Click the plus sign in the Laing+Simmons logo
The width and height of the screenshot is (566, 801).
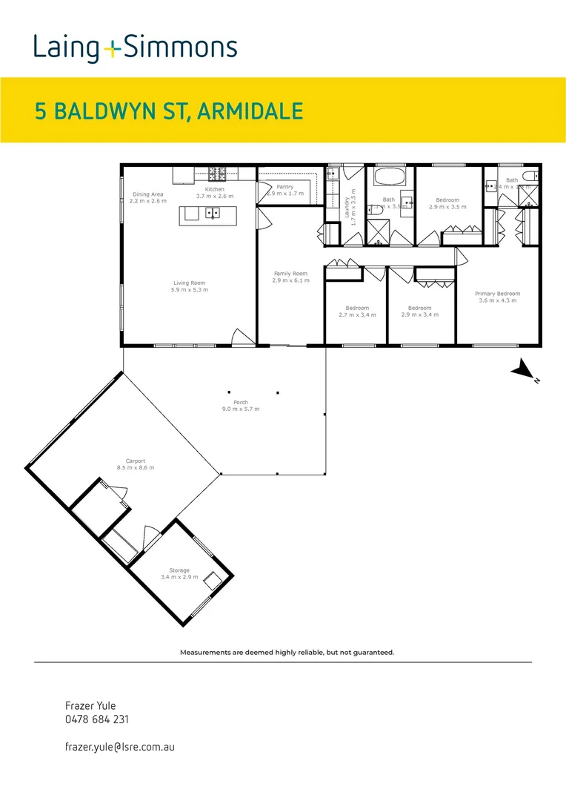click(112, 49)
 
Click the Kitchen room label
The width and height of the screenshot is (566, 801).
click(215, 189)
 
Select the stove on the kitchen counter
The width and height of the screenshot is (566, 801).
click(216, 174)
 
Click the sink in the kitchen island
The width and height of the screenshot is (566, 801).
click(212, 214)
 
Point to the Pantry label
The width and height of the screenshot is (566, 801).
click(285, 187)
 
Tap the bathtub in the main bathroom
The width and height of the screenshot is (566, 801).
click(389, 178)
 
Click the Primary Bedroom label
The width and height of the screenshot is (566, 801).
click(497, 294)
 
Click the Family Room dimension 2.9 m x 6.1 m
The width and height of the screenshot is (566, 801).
click(290, 281)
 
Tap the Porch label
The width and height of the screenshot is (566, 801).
click(241, 402)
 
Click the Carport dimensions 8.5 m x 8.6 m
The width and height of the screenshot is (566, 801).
click(136, 468)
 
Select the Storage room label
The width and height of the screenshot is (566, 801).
click(179, 570)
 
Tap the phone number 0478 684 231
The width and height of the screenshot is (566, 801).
click(97, 719)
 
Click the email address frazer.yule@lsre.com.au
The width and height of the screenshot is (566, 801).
click(119, 748)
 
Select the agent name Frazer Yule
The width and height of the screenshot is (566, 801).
click(90, 705)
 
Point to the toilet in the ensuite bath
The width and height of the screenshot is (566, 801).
click(529, 176)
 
